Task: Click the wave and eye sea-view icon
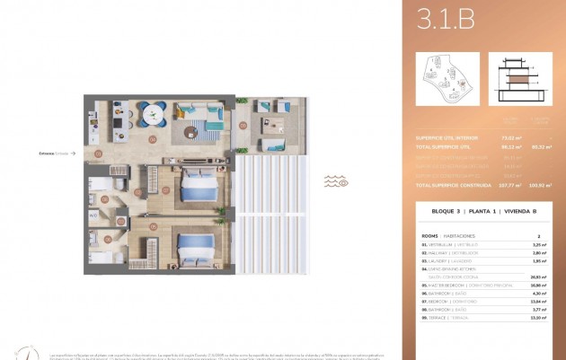point(336,181)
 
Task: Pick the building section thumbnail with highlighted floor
point(520,78)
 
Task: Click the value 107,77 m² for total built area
point(513,185)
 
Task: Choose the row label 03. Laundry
point(440,260)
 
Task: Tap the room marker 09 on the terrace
point(243,125)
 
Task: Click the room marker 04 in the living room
point(152,139)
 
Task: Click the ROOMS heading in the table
point(430,235)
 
